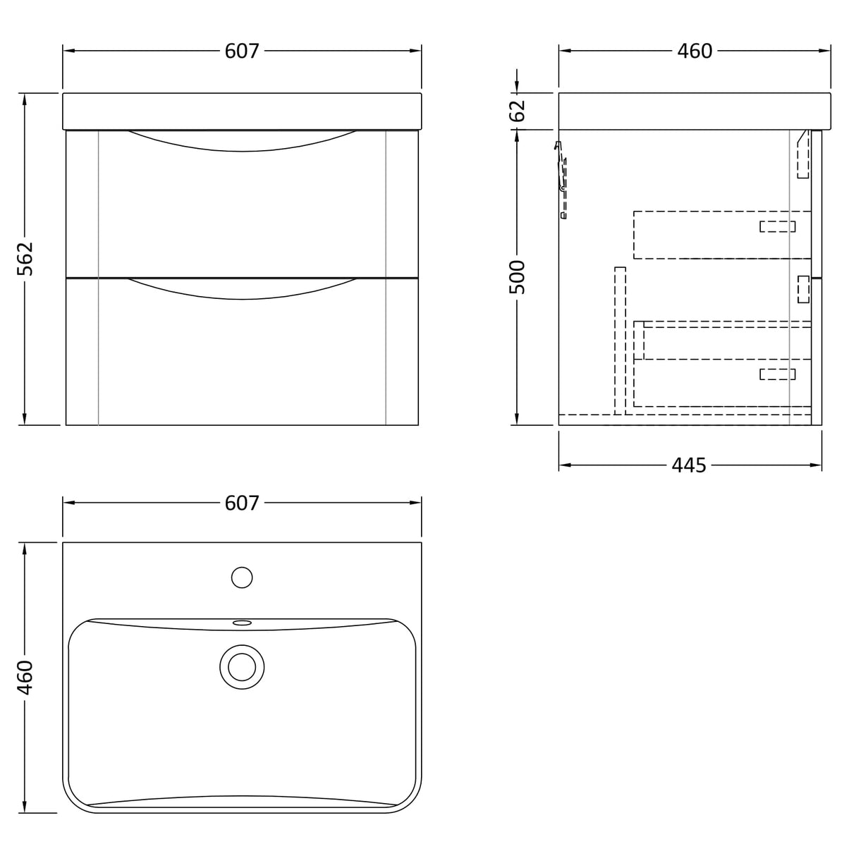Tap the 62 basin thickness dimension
(518, 111)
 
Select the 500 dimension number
(517, 277)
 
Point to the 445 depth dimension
(688, 465)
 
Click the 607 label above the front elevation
(242, 51)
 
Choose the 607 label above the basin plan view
(242, 503)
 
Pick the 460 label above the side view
(695, 51)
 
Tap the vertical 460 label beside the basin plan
(25, 678)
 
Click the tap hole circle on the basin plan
(242, 577)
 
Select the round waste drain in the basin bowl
(242, 667)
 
